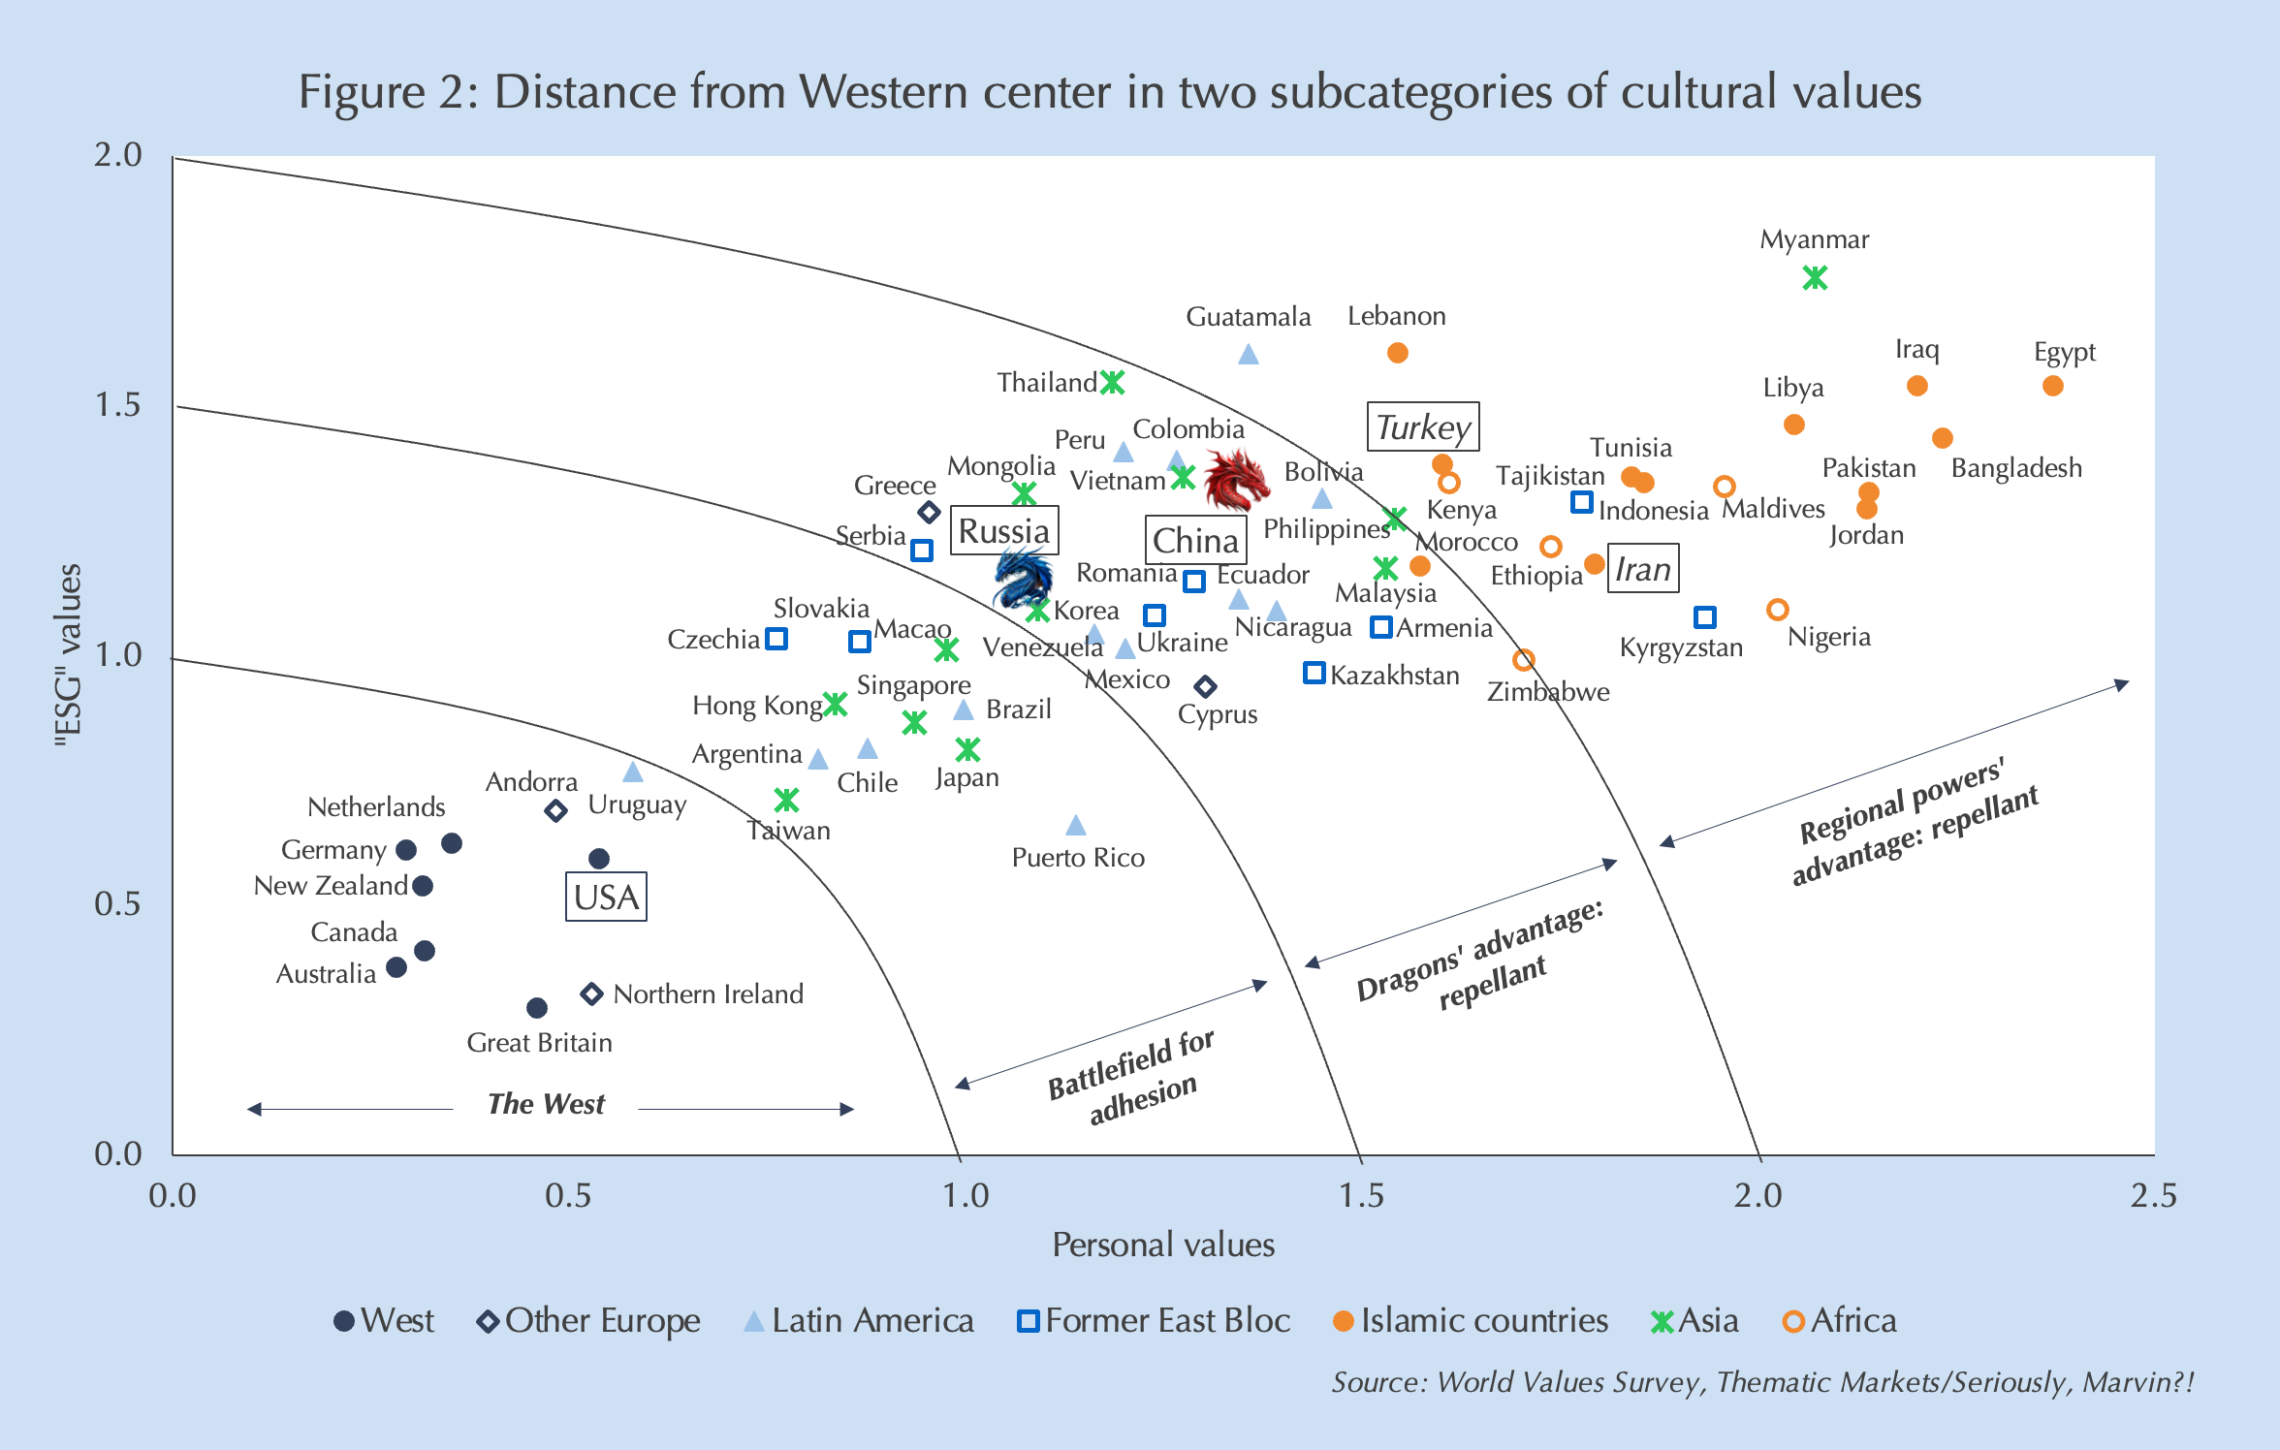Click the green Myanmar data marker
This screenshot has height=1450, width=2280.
[x=1815, y=278]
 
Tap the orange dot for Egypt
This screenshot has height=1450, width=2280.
[x=2052, y=386]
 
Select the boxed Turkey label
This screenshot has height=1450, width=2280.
[x=1422, y=427]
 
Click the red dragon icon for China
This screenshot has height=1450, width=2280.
[x=1235, y=479]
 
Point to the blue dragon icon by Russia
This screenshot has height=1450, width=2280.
[x=1023, y=577]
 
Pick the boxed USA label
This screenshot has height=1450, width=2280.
[x=606, y=897]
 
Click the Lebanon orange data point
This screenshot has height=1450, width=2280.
[x=1397, y=353]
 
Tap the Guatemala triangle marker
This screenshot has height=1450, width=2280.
[x=1249, y=355]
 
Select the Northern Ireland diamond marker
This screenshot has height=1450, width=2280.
[x=592, y=993]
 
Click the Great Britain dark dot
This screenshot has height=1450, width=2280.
[x=536, y=1008]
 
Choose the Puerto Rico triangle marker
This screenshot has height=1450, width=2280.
[x=1076, y=826]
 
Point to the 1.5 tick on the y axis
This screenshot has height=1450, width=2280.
[x=118, y=405]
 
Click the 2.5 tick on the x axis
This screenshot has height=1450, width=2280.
[x=2153, y=1196]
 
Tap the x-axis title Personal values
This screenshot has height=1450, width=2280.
[x=1163, y=1245]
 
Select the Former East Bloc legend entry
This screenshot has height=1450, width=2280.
[x=1154, y=1321]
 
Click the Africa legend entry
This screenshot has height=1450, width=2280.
[x=1839, y=1321]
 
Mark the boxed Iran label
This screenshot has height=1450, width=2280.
[x=1643, y=569]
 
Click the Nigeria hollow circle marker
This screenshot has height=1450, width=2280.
[x=1777, y=610]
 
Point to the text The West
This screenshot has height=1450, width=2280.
[x=546, y=1104]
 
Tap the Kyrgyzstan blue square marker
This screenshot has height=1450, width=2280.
[x=1705, y=616]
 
